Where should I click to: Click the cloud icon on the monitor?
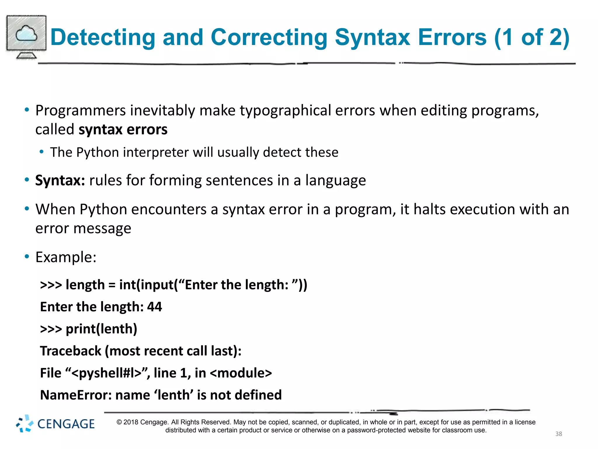(26, 34)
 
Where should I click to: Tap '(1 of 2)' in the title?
(532, 37)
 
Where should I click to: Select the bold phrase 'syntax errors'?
(123, 129)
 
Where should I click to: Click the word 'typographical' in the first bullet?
(286, 111)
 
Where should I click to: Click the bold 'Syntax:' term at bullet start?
(60, 180)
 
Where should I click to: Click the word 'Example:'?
(66, 257)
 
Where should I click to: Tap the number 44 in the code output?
(154, 307)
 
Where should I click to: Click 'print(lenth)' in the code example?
(101, 329)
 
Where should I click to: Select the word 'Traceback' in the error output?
(70, 351)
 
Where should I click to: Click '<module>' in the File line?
(241, 373)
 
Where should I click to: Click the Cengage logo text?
(66, 424)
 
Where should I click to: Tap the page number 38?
(558, 434)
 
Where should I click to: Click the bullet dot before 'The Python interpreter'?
(42, 152)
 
